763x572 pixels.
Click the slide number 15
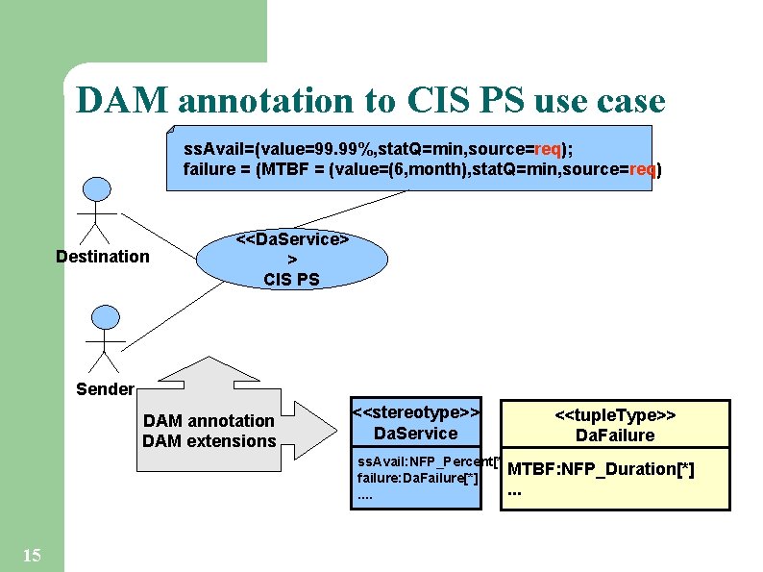tap(31, 555)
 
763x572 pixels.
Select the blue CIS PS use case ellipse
tap(292, 259)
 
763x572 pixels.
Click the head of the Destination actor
tap(96, 189)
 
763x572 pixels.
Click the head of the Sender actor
tap(103, 316)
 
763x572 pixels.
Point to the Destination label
tap(103, 257)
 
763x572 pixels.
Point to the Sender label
tap(105, 388)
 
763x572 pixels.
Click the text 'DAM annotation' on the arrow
tap(209, 421)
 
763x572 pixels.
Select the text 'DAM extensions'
tap(209, 441)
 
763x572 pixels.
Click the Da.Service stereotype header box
tap(416, 423)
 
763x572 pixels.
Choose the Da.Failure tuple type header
tap(615, 425)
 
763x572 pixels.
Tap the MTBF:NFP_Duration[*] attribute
tap(601, 469)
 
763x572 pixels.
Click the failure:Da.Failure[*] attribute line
tap(417, 478)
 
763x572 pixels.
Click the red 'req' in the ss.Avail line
tap(548, 150)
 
